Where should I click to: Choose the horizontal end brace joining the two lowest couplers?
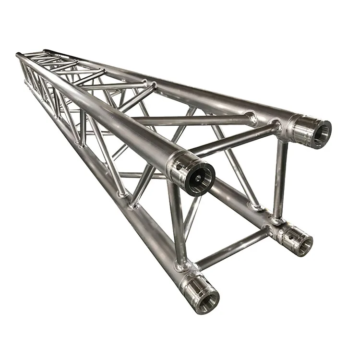pos(233,249)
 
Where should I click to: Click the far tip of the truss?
pos(19,55)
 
